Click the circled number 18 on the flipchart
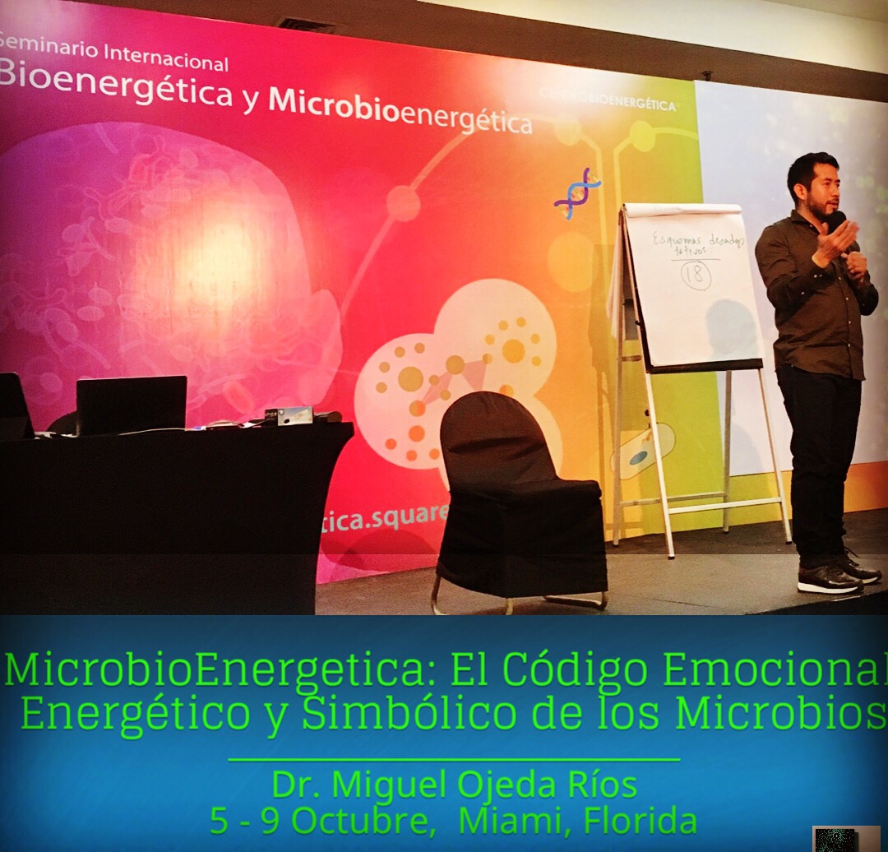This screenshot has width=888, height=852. [696, 274]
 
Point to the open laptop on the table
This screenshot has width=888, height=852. [131, 405]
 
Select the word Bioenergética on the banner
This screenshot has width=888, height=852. [115, 90]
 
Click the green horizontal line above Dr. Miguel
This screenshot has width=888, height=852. [453, 760]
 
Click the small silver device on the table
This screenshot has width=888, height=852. [294, 415]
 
